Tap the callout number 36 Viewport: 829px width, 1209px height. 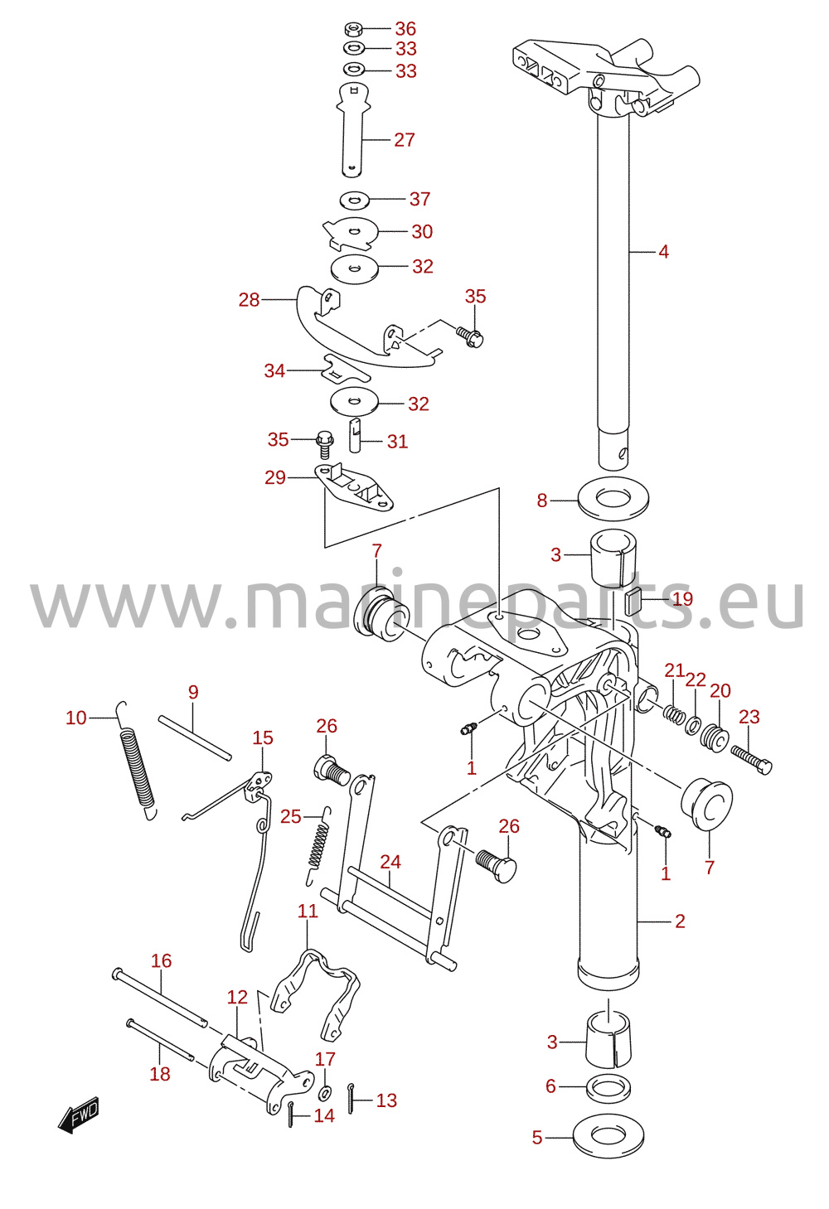[x=405, y=28]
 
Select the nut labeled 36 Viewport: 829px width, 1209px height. [x=353, y=28]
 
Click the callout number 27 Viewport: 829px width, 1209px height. [x=405, y=140]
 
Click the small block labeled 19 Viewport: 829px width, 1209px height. [x=633, y=598]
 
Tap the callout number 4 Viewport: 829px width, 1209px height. [x=664, y=252]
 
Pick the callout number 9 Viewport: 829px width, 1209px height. [x=193, y=692]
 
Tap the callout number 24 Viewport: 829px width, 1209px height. [x=390, y=862]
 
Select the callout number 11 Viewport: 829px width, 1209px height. [x=308, y=911]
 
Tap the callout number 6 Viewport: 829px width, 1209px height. [x=550, y=1086]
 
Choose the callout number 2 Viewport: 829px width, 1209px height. [x=680, y=921]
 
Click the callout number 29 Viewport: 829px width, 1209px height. [x=275, y=477]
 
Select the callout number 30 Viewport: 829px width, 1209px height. [x=422, y=231]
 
